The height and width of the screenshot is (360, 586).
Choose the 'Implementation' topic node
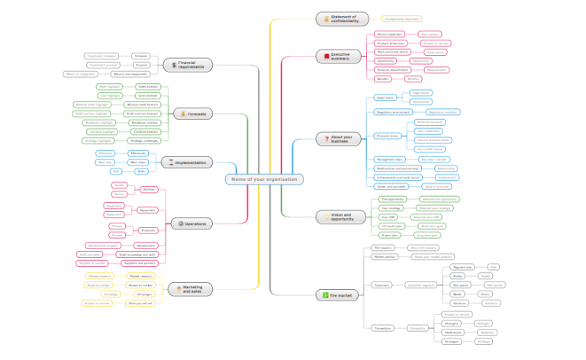(x=188, y=162)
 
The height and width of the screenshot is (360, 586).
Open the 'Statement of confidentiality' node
(x=343, y=18)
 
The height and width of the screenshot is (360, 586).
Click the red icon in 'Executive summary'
(x=327, y=56)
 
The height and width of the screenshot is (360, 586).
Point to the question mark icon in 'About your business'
(x=327, y=139)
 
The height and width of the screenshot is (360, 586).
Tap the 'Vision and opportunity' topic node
(x=343, y=217)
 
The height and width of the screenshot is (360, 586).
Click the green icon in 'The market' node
(x=327, y=294)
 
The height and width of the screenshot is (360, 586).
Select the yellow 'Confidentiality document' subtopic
(x=401, y=18)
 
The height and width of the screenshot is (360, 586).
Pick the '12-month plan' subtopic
(x=391, y=227)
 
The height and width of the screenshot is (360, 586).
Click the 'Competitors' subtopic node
(x=383, y=328)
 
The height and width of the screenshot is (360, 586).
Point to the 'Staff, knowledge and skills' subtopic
(x=138, y=255)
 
